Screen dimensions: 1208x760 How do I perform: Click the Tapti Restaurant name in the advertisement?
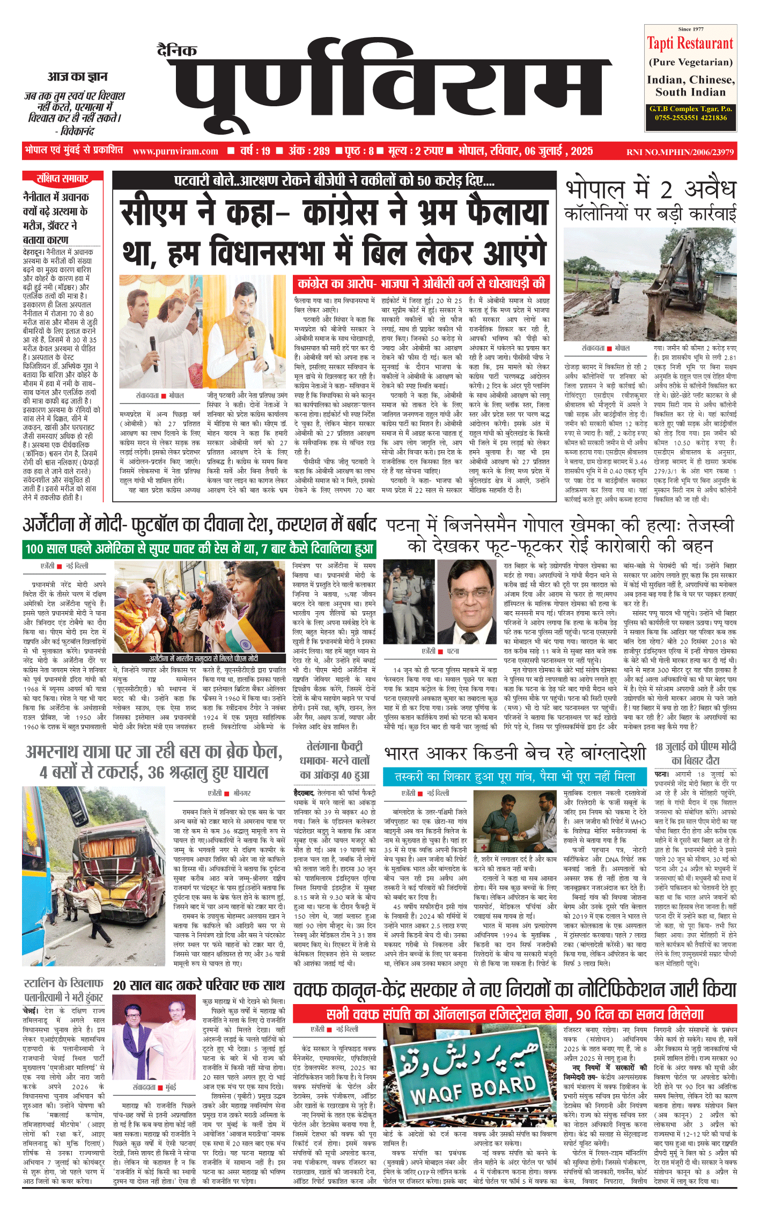coord(690,43)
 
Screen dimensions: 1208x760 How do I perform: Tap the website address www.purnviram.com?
coord(175,151)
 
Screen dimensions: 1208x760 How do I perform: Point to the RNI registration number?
coord(680,152)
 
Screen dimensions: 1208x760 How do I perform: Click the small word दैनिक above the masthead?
coord(177,51)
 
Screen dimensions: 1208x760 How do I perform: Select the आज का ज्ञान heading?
coord(77,77)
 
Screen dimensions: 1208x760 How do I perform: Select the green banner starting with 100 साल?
coord(199,548)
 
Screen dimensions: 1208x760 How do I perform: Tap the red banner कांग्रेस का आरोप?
coord(421,283)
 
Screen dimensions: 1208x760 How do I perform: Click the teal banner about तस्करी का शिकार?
coord(515,777)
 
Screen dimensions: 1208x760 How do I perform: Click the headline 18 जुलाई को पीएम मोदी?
coord(695,753)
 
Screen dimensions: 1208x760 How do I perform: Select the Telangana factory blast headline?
coord(335,760)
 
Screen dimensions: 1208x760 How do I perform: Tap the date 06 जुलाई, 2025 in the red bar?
coord(558,151)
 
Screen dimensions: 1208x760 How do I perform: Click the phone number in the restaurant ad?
coord(690,118)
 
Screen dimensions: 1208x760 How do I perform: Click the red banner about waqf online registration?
coord(514,1014)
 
